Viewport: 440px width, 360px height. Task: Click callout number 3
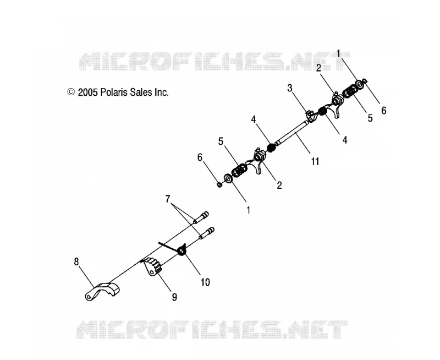coord(290,88)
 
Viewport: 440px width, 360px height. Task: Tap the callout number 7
coord(168,199)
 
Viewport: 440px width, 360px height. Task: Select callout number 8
coord(76,261)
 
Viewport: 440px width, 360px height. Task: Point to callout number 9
coord(174,297)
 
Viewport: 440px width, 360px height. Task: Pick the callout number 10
coord(205,282)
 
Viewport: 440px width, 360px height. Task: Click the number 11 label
coord(315,161)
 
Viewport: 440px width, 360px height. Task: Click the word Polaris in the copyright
coord(112,92)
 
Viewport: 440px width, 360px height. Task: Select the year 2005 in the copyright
coord(87,92)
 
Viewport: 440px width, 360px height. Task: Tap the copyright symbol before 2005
coord(71,92)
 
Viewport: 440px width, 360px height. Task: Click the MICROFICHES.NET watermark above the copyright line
coord(215,62)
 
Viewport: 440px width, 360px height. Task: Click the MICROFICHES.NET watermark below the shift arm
coord(212,330)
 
